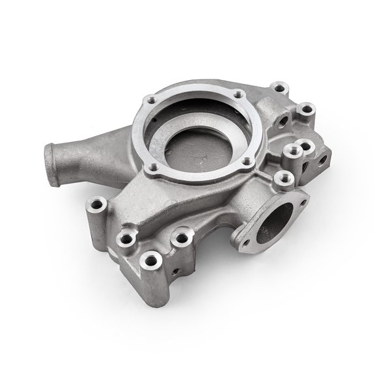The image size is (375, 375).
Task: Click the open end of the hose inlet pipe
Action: tap(52, 159)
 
